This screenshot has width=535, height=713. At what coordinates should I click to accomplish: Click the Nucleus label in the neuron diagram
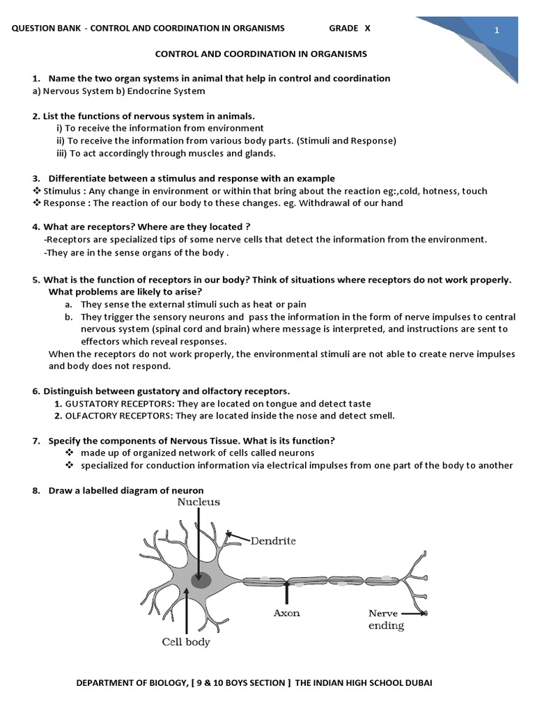[x=199, y=501]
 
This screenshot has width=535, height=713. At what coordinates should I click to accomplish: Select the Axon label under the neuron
[x=286, y=613]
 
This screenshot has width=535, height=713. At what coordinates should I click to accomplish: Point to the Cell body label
[x=186, y=642]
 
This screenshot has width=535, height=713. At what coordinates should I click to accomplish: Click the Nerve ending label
[x=386, y=619]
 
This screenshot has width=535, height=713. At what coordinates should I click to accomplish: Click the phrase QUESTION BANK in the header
[x=41, y=28]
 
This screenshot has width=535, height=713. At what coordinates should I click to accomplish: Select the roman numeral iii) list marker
[x=61, y=153]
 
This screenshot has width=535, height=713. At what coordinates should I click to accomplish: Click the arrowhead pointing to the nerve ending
[x=424, y=614]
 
